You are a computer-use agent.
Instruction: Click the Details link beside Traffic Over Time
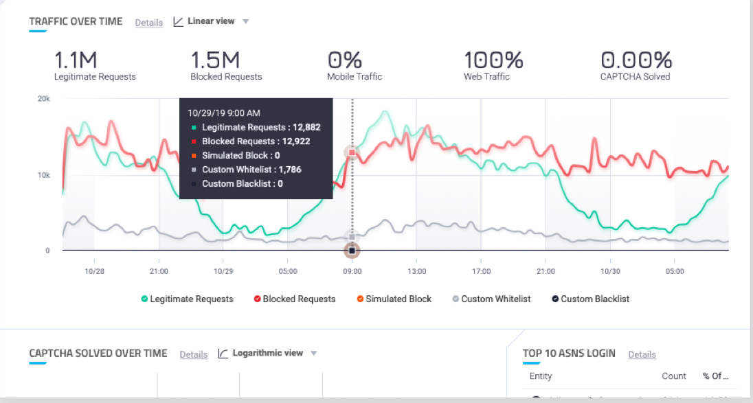pyautogui.click(x=148, y=23)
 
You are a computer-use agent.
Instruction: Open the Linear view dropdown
pyautogui.click(x=211, y=21)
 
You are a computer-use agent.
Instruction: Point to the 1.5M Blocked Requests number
pyautogui.click(x=214, y=60)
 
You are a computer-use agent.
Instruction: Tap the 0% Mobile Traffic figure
pyautogui.click(x=345, y=60)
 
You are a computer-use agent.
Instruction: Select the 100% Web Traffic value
pyautogui.click(x=493, y=60)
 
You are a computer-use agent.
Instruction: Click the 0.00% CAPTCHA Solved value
pyautogui.click(x=636, y=60)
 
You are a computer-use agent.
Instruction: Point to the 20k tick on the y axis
pyautogui.click(x=43, y=99)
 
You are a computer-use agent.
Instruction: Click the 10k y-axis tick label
pyautogui.click(x=43, y=175)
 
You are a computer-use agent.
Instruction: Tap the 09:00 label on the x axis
pyautogui.click(x=352, y=271)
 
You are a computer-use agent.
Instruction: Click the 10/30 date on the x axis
pyautogui.click(x=610, y=271)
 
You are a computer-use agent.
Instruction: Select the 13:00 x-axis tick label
pyautogui.click(x=417, y=271)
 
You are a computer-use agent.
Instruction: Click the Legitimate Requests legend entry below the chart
pyautogui.click(x=188, y=299)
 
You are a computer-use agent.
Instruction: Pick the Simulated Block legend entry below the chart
pyautogui.click(x=394, y=299)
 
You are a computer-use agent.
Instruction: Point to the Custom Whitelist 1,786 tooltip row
pyautogui.click(x=251, y=170)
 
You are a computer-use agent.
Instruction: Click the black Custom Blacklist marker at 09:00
pyautogui.click(x=352, y=251)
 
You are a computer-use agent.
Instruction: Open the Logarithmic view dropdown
pyautogui.click(x=267, y=354)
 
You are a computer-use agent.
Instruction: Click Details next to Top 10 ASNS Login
pyautogui.click(x=642, y=355)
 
